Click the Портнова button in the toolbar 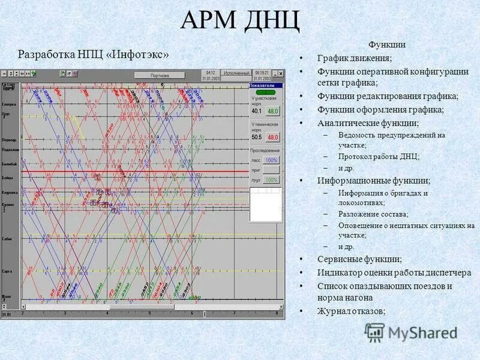pos(160,76)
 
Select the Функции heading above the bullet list pos(387,44)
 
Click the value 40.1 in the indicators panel pos(256,111)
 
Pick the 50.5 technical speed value pos(256,137)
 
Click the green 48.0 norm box pos(273,111)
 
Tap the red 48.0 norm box pos(273,137)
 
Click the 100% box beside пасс pos(271,160)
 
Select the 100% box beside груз pos(271,179)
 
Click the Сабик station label pos(7,239)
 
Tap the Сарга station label pos(7,271)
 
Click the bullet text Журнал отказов pos(351,311)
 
